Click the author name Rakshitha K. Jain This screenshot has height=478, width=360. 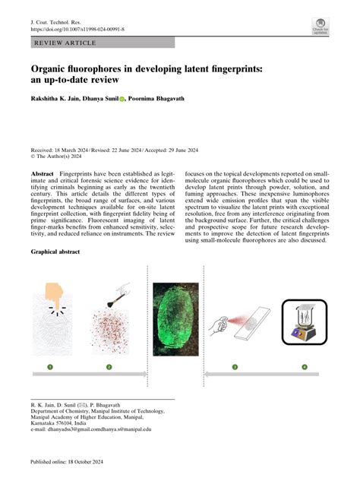point(62,98)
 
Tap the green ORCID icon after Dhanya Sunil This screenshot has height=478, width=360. point(123,98)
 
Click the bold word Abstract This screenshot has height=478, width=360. point(43,174)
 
